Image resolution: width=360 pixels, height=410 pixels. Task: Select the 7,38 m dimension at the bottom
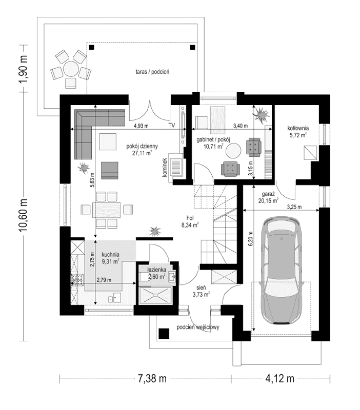[153, 379]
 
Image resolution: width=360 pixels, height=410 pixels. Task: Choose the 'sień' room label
[199, 288]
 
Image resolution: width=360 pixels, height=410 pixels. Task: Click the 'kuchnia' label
[111, 254]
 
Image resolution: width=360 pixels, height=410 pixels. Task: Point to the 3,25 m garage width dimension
[294, 207]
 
